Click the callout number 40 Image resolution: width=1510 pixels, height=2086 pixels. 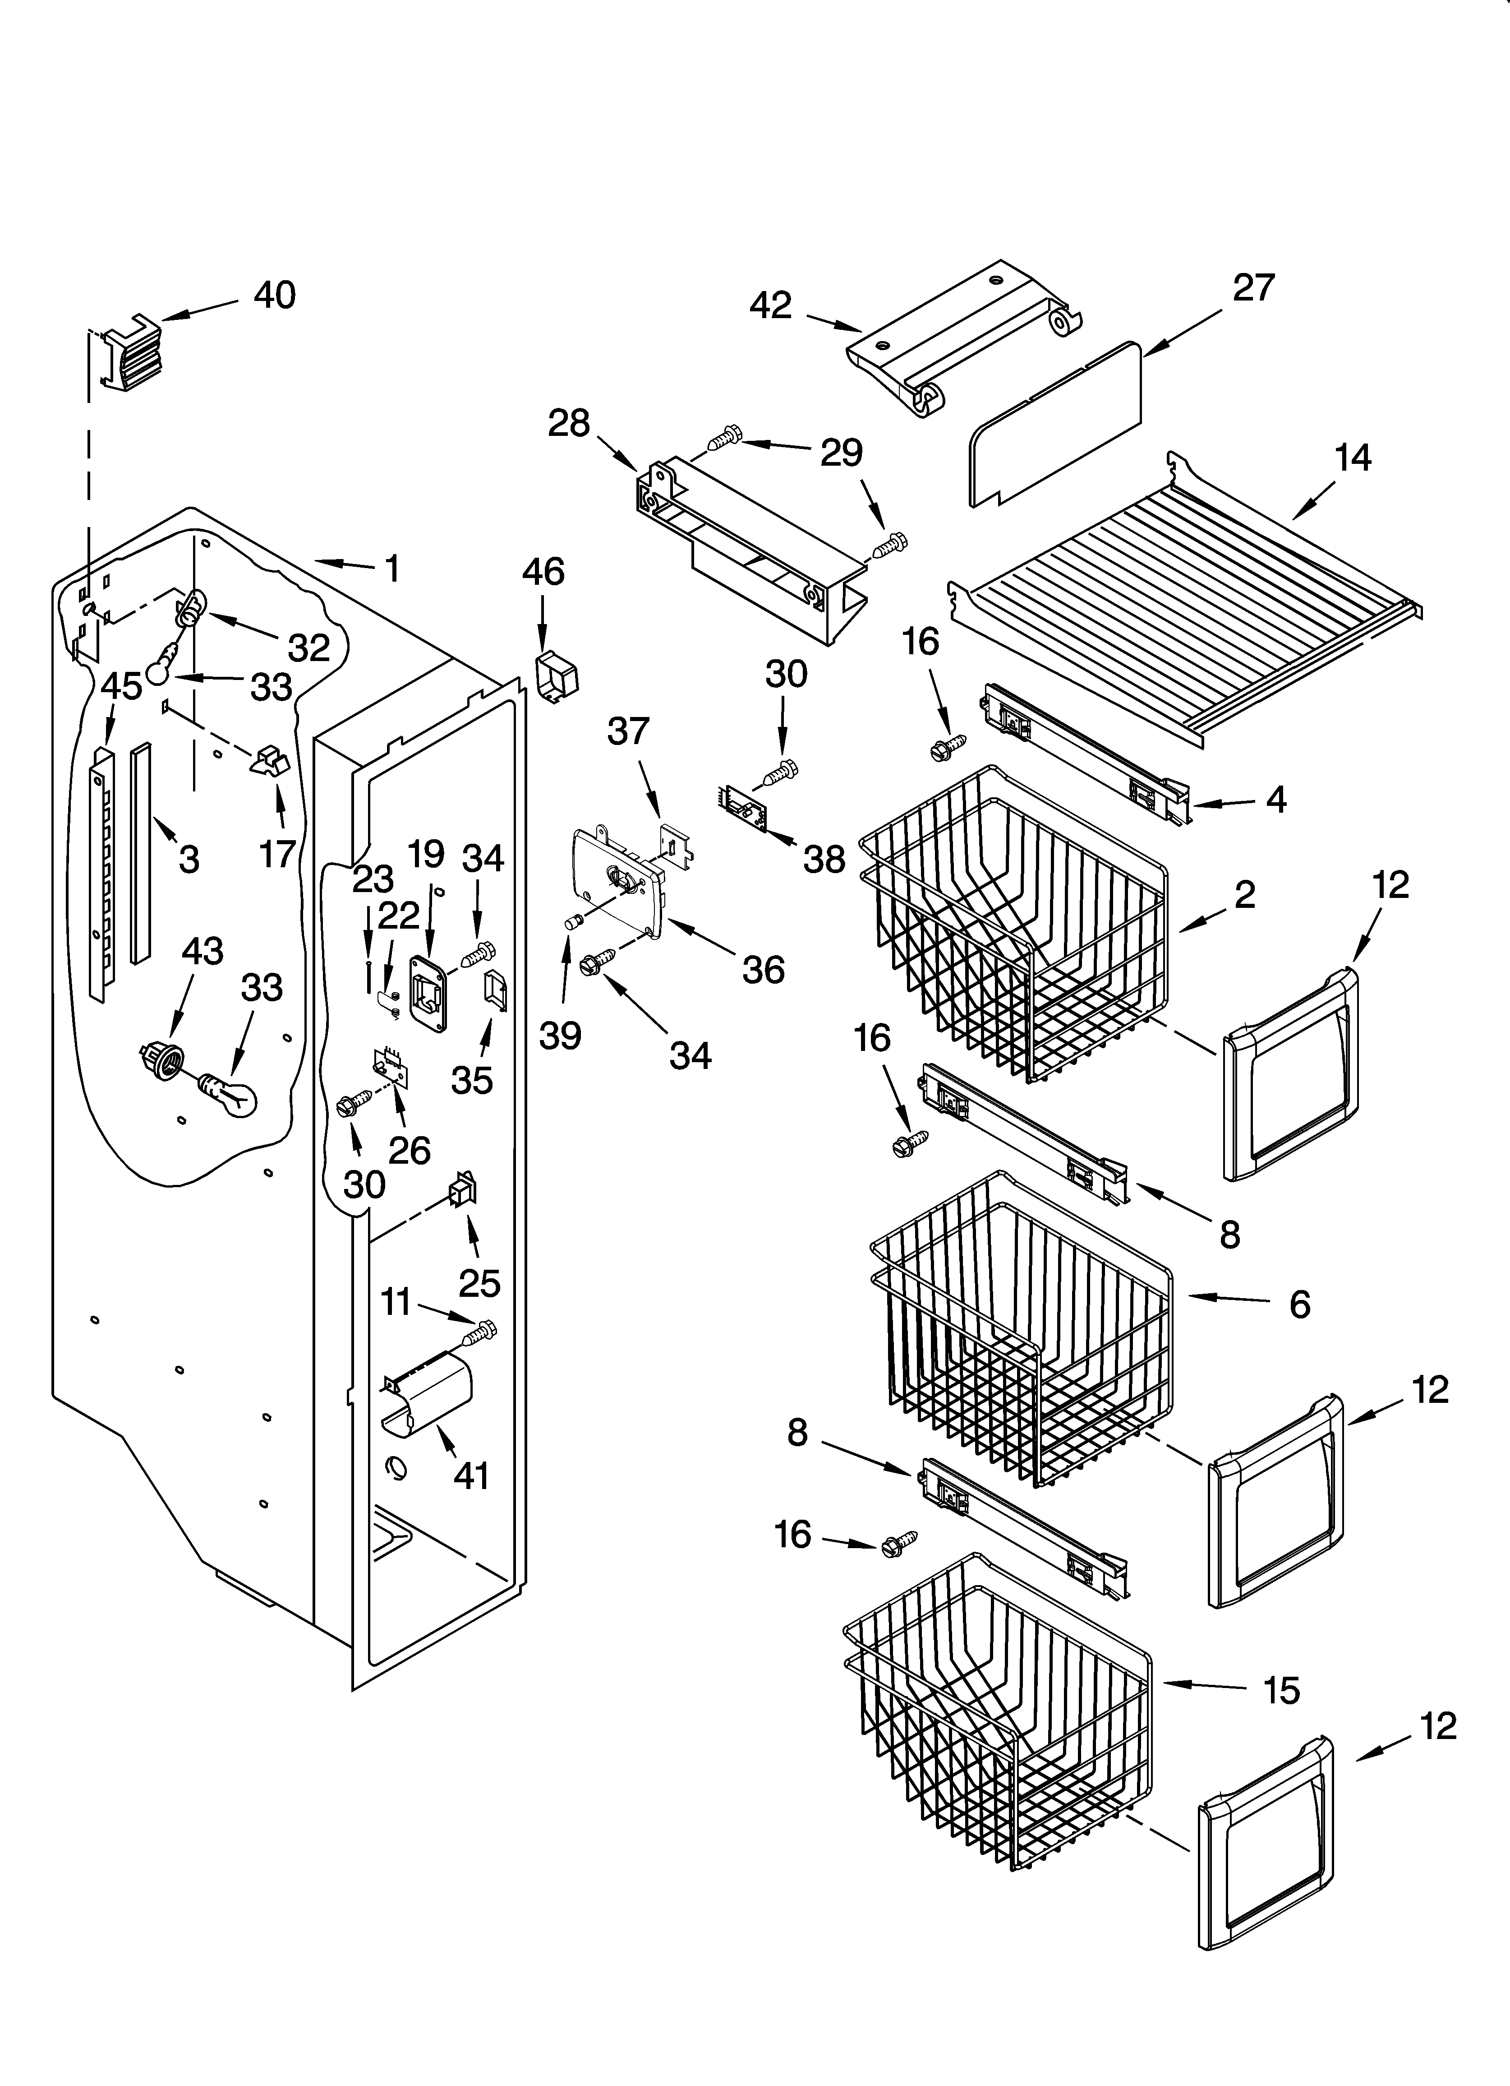click(274, 295)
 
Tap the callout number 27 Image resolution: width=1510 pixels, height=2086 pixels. click(1253, 288)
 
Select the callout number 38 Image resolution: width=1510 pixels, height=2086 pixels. click(823, 860)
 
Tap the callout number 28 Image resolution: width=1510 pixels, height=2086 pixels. click(568, 423)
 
